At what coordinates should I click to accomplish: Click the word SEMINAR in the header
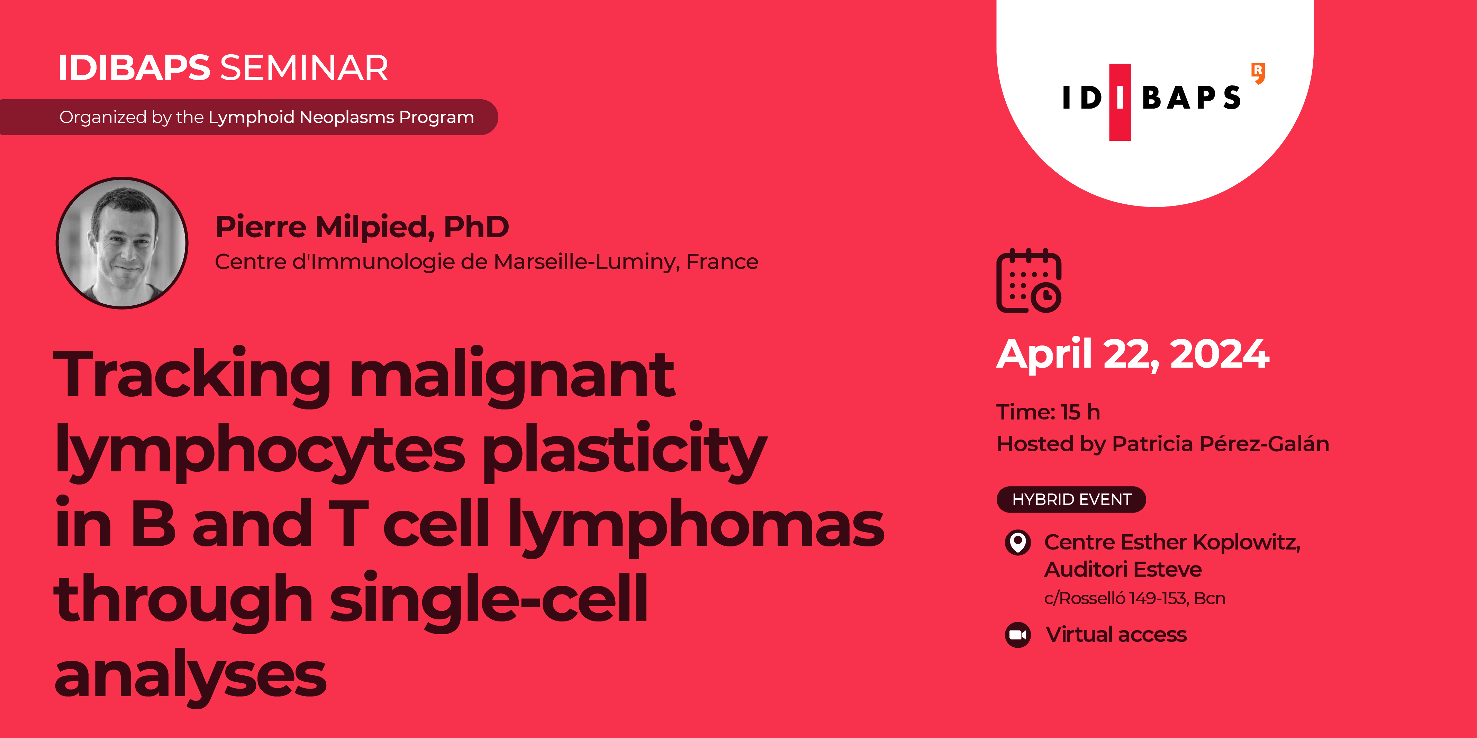(304, 68)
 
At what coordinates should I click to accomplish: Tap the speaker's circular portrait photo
(122, 243)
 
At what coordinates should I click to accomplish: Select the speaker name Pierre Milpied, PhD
(362, 227)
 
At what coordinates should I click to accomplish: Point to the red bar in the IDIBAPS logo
(1120, 102)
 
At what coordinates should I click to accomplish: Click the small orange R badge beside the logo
(1258, 73)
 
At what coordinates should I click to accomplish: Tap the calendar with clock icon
(1029, 281)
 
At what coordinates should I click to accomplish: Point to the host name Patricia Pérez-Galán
(1220, 444)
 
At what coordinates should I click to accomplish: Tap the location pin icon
(1018, 542)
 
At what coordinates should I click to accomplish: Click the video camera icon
(1018, 635)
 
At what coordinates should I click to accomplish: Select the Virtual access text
(1116, 634)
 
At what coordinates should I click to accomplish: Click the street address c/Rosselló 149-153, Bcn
(1134, 598)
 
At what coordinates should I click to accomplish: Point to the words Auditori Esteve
(1123, 570)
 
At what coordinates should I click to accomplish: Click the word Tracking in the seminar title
(192, 375)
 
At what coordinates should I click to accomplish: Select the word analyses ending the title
(190, 676)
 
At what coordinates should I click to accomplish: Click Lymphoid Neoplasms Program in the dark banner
(341, 118)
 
